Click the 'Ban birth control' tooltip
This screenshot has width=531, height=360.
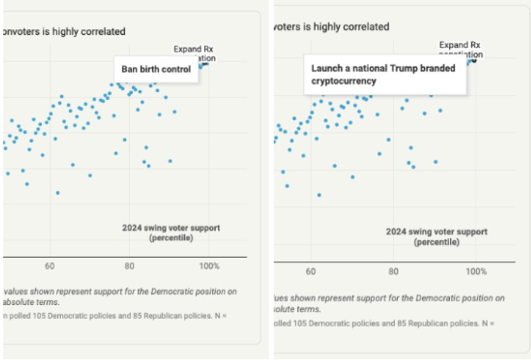[156, 69]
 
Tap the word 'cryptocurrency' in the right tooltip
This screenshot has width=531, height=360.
[344, 81]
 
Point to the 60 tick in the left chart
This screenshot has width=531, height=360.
[49, 266]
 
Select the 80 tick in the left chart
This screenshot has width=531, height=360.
[129, 266]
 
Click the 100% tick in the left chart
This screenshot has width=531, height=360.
[209, 266]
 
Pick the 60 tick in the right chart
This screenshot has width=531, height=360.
[310, 271]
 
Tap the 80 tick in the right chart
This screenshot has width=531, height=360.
[393, 271]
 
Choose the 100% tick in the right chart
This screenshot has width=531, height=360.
[476, 271]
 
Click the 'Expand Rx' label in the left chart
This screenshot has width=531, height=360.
[193, 49]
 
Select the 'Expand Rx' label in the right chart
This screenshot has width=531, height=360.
[459, 45]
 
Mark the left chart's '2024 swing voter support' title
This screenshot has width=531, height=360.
[171, 228]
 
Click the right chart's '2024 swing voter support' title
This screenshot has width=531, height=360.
[436, 232]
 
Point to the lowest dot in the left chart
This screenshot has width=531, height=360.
[57, 192]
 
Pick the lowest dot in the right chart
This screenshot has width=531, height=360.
[319, 195]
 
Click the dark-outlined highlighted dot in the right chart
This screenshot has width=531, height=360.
[474, 60]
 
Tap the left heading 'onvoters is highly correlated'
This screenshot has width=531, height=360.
[64, 31]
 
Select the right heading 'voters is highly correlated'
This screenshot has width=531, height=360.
[332, 26]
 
